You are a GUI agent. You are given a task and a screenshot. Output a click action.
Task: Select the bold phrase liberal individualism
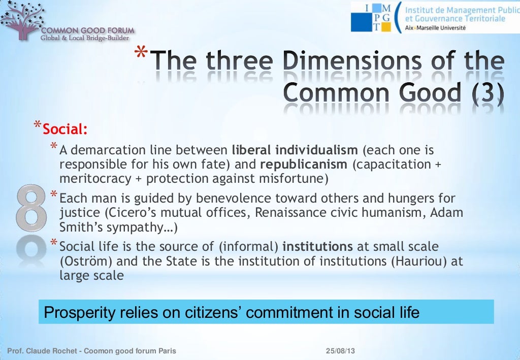point(295,151)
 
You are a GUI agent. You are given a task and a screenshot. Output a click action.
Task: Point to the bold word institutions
point(317,247)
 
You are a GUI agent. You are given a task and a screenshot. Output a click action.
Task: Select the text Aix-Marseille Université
point(435,28)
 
